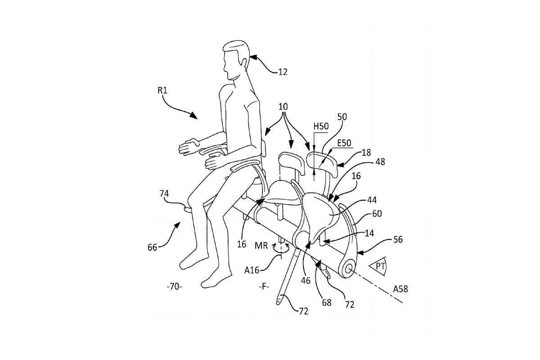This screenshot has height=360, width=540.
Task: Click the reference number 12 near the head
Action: point(282,72)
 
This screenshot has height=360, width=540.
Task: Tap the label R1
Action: point(163,90)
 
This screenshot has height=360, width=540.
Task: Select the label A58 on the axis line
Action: point(400,289)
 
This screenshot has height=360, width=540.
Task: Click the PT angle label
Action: point(380,267)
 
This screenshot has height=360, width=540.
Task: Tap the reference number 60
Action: point(377,214)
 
